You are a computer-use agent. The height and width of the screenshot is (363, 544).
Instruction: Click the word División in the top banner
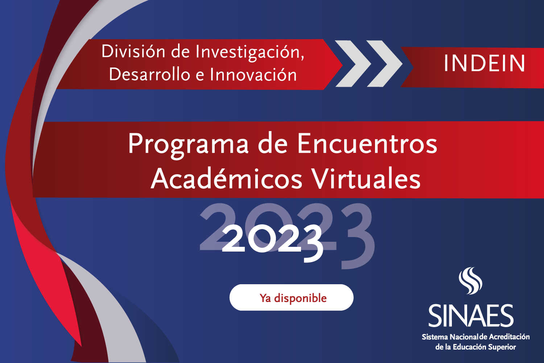coord(133,51)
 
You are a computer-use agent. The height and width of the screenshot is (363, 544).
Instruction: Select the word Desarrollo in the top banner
coord(149,74)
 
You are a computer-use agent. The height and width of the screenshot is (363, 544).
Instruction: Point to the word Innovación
coord(253,74)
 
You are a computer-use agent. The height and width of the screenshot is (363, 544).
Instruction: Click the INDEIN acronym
coord(484,63)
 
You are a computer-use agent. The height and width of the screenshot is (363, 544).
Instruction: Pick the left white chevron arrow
coord(353,64)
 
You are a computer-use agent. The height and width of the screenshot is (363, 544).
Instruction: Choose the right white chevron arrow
coord(385,64)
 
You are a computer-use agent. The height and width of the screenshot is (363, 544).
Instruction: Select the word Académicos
coord(226,179)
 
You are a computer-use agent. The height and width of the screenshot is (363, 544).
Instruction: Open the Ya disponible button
coord(292,297)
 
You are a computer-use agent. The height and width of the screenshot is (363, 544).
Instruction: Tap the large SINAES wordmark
coord(471,315)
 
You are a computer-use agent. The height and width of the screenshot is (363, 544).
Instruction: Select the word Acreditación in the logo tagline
coord(509,337)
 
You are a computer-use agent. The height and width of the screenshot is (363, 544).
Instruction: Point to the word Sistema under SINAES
coord(435,337)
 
